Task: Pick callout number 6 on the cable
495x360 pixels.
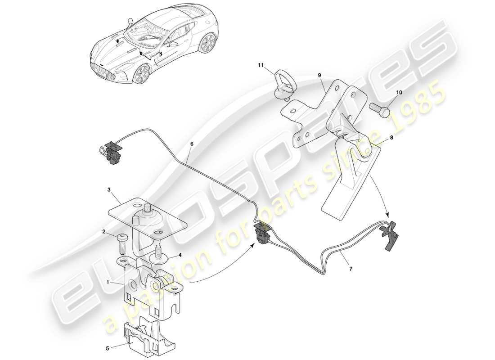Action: coord(192,144)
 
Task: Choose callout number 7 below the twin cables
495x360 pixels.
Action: coord(351,269)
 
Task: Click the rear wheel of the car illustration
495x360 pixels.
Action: coord(207,44)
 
